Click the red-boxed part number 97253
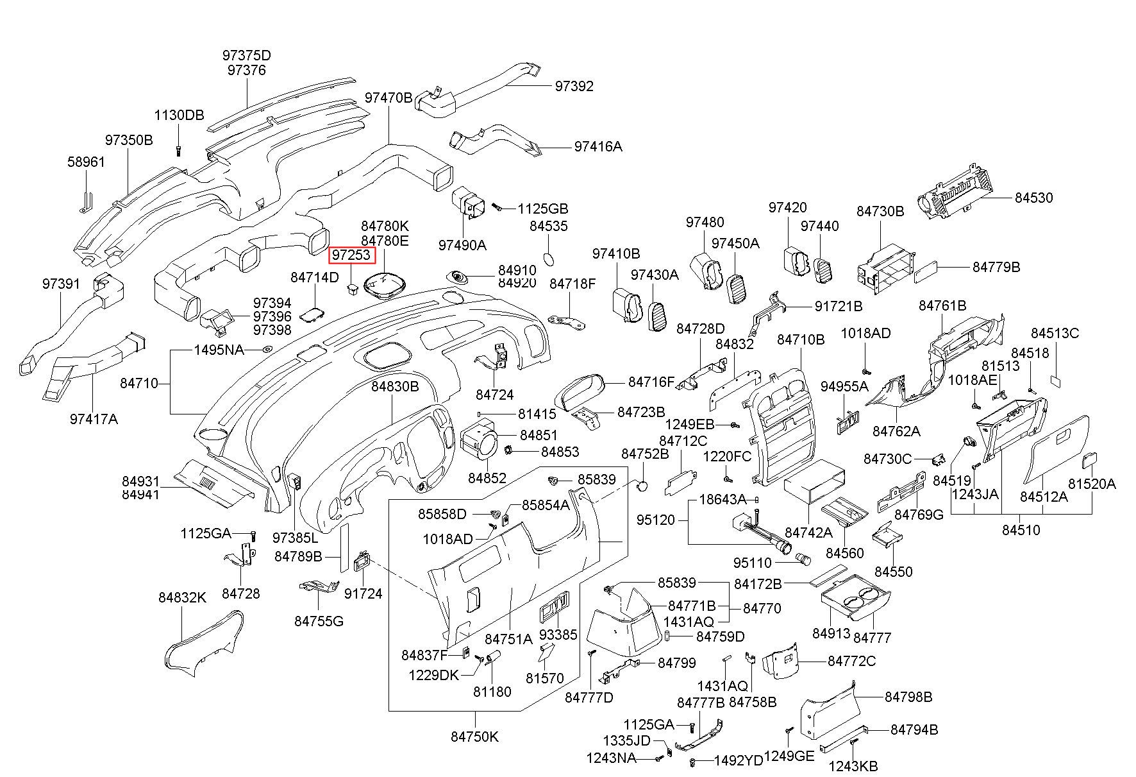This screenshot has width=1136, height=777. tap(350, 255)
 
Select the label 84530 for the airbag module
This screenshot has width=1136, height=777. tap(1033, 198)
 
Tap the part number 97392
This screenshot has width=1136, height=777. tap(574, 86)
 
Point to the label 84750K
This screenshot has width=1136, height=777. tap(474, 737)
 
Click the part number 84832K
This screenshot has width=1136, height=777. tap(183, 597)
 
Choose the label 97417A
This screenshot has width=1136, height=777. tap(94, 419)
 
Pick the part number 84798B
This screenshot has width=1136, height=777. tap(908, 697)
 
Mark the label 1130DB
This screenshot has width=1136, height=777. tap(179, 115)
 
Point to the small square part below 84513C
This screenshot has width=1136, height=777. tap(1055, 380)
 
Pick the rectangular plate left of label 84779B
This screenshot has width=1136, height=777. tap(928, 271)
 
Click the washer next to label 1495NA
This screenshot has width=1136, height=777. tap(266, 350)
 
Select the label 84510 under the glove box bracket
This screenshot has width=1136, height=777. tap(1021, 530)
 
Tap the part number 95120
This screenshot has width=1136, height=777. tap(656, 520)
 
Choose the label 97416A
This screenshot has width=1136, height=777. tap(598, 146)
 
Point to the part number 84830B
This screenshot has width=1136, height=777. tap(395, 387)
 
